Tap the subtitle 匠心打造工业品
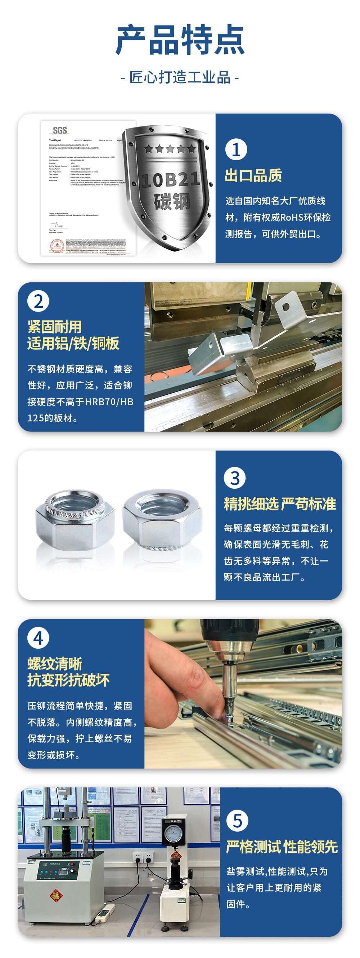click(180, 77)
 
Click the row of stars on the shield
click(170, 149)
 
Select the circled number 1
click(236, 150)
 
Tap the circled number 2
click(38, 301)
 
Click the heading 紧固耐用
click(54, 327)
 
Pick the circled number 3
click(235, 478)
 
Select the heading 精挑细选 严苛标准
click(280, 504)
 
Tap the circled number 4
click(38, 639)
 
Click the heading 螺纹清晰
click(55, 664)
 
